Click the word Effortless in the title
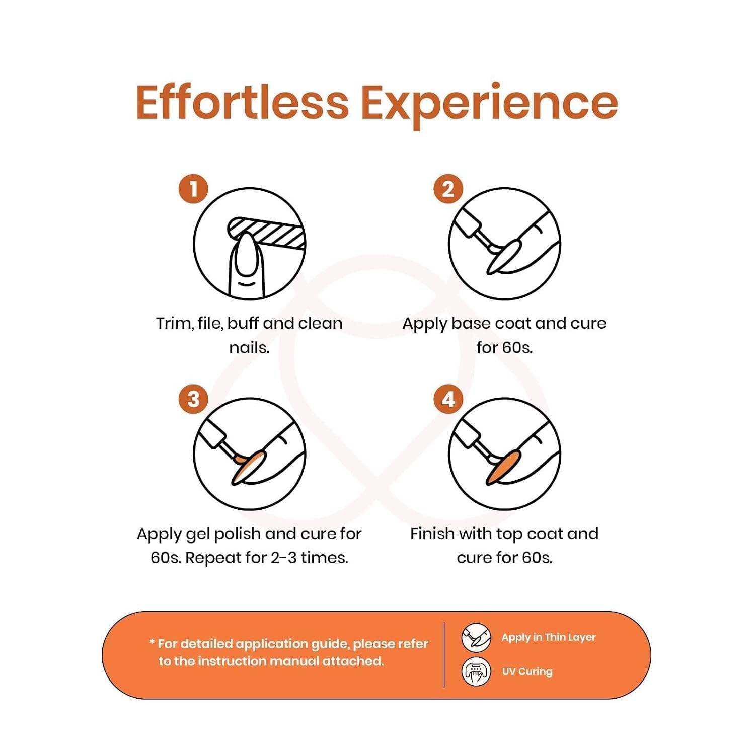tap(242, 102)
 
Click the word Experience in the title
tap(489, 106)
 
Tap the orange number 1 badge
tap(193, 189)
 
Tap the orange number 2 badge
tap(448, 189)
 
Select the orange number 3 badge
tap(193, 399)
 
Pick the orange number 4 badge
tap(448, 399)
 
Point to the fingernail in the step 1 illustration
tap(247, 255)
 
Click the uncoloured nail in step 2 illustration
tap(504, 257)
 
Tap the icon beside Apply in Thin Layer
tap(476, 637)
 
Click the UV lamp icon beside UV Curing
tap(476, 671)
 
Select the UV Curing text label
tap(527, 672)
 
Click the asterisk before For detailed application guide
tap(152, 642)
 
